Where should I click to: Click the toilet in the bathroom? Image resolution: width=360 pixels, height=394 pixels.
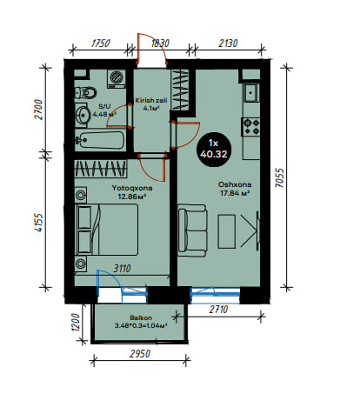(85, 93)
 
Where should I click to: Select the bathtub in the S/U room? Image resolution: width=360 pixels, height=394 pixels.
(100, 140)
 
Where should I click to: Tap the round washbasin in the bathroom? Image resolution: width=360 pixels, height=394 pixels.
(83, 115)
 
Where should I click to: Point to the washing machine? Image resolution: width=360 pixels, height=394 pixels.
(117, 78)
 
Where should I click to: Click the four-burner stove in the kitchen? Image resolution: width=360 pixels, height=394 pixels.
(251, 127)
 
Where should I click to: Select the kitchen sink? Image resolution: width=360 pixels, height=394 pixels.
(251, 92)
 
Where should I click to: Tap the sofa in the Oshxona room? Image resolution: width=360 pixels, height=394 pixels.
(192, 230)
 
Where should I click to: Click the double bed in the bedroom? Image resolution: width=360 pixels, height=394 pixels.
(106, 230)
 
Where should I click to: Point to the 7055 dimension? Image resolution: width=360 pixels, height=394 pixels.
(280, 177)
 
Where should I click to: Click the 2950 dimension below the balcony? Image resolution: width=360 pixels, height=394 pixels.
(140, 354)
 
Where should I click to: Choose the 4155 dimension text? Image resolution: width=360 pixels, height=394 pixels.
(38, 223)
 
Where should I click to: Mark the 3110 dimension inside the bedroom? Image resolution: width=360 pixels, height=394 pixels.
(122, 269)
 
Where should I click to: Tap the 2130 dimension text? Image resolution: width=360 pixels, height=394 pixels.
(228, 43)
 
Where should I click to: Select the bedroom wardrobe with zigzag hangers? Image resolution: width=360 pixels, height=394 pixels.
(101, 169)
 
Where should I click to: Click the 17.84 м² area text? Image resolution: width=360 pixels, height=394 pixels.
(235, 193)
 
